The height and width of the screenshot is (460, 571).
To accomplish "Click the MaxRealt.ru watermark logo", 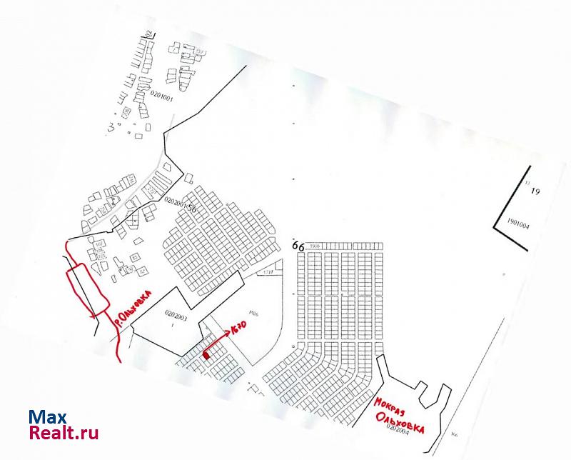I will tap(64, 424).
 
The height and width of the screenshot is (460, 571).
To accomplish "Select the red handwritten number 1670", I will tap(241, 329).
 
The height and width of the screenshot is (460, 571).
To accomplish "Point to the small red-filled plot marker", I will tap(206, 354).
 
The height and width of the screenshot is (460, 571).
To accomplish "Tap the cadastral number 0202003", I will tap(175, 313).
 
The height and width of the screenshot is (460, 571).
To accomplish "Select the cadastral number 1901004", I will tap(517, 221).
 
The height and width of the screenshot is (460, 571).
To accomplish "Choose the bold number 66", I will tap(298, 246).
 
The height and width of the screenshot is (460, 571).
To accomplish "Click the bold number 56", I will tap(191, 206).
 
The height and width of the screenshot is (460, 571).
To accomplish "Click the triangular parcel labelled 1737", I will tap(268, 271).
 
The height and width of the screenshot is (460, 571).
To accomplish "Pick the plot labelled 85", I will tap(134, 258).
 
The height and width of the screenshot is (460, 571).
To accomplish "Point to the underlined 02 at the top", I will tap(150, 34).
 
